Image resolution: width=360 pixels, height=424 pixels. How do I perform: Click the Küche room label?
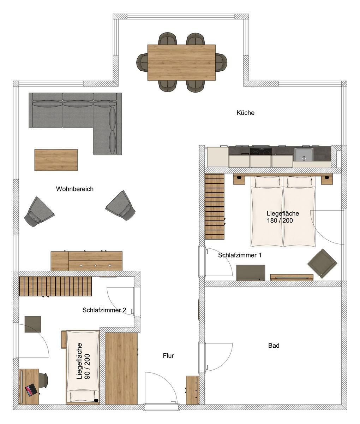pyautogui.click(x=245, y=113)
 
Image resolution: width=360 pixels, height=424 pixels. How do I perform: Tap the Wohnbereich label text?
pyautogui.click(x=74, y=189)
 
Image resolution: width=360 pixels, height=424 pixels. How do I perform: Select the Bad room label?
pyautogui.click(x=274, y=346)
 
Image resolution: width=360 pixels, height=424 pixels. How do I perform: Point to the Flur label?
pyautogui.click(x=168, y=356)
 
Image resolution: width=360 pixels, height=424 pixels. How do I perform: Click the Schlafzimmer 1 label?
pyautogui.click(x=240, y=255)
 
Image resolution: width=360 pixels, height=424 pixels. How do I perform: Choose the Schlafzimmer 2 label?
pyautogui.click(x=104, y=310)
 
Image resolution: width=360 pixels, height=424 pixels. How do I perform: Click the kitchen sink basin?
pyautogui.click(x=304, y=155)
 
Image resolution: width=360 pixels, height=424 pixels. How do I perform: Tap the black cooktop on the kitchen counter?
pyautogui.click(x=260, y=151)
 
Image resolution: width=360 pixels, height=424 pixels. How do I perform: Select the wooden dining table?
pyautogui.click(x=181, y=63)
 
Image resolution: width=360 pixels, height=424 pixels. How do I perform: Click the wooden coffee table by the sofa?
pyautogui.click(x=56, y=160)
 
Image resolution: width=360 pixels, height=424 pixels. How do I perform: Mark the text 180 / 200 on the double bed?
pyautogui.click(x=280, y=220)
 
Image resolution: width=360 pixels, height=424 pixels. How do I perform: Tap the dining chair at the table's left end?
pyautogui.click(x=142, y=62)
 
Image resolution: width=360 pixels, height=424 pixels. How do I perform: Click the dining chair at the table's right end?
pyautogui.click(x=221, y=62)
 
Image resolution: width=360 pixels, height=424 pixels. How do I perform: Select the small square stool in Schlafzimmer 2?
pyautogui.click(x=33, y=324)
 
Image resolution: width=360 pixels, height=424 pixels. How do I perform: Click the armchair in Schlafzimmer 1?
pyautogui.click(x=322, y=264)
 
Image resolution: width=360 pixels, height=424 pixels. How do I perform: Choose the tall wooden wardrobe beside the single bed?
pyautogui.click(x=121, y=369)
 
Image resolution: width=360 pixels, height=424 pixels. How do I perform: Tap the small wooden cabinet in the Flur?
pyautogui.click(x=192, y=390)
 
